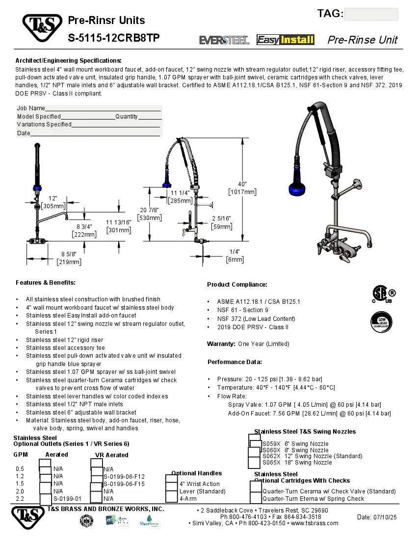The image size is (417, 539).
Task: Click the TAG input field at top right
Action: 371,14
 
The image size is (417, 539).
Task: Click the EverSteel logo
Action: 224,40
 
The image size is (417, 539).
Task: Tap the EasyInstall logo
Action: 286,40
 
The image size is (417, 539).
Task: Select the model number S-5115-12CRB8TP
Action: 113,38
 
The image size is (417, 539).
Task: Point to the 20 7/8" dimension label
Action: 150,214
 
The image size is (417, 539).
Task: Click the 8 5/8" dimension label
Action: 69,258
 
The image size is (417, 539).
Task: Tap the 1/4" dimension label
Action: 235,255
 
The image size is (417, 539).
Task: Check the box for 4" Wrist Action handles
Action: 171,484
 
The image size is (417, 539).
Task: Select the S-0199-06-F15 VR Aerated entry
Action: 124,484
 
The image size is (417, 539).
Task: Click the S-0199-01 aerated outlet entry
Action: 67,498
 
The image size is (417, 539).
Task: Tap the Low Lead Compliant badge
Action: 381,322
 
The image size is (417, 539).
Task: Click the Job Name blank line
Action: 103,108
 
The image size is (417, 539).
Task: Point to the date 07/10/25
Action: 385,517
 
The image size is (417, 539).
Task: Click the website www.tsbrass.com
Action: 314,523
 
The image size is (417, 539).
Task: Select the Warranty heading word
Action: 221,344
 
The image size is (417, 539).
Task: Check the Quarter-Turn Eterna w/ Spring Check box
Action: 256,499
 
